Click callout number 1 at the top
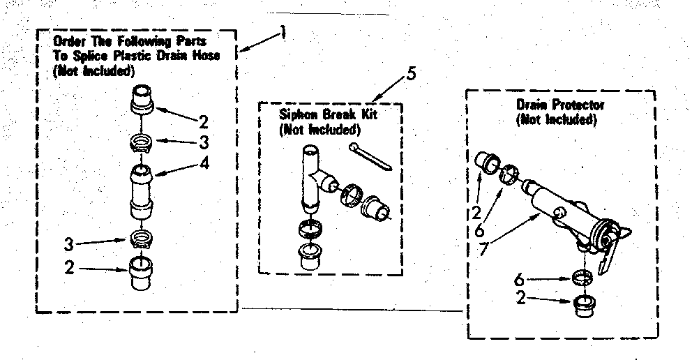283,31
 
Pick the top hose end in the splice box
142,99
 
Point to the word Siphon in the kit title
296,114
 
